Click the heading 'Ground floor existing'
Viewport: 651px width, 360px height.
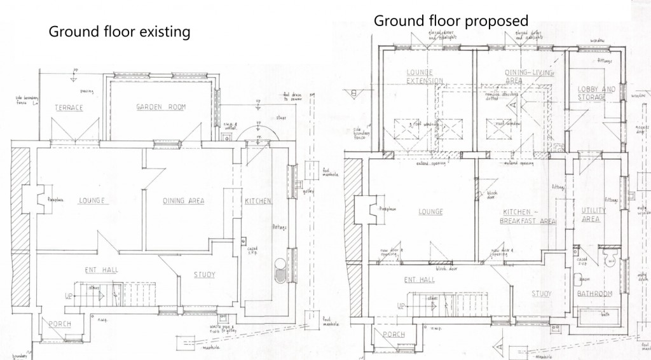pos(120,31)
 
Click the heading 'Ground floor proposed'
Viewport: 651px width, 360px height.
pos(451,20)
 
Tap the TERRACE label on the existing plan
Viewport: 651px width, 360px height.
pos(68,107)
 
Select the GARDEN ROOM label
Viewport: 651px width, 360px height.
pos(160,107)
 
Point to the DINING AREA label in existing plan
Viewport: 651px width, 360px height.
pos(183,201)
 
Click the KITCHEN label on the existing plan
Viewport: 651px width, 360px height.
pos(257,201)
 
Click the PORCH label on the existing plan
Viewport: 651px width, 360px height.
pos(59,324)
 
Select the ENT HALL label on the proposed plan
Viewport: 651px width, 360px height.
pos(419,279)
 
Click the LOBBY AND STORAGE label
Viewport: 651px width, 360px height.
pos(596,93)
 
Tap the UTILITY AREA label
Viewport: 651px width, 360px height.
pos(591,214)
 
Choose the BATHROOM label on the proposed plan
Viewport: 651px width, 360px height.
pos(593,293)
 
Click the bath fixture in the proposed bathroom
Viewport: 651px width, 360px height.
pos(600,315)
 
